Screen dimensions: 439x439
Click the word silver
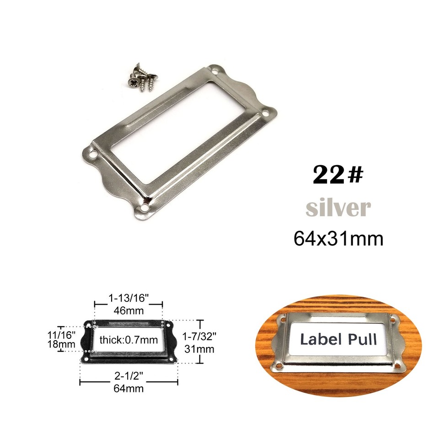point(338,208)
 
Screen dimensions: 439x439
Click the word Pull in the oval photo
point(361,339)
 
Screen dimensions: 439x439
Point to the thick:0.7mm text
point(128,340)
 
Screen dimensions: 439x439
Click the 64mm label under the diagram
point(129,389)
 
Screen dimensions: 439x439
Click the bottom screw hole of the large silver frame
point(145,209)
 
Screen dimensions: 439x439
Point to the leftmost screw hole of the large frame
point(93,155)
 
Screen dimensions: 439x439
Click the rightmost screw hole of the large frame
point(266,111)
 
